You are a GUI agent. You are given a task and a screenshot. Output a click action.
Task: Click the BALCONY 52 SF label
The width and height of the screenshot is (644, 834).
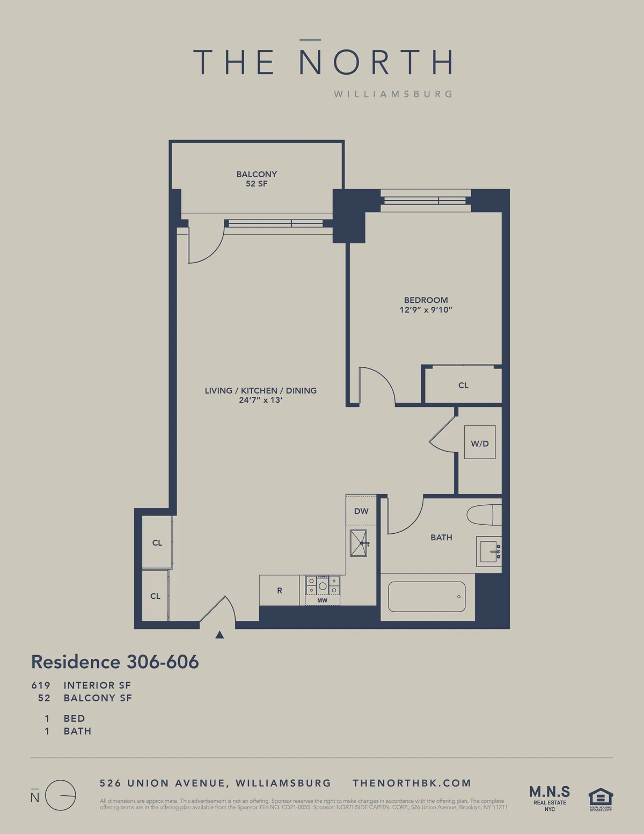(257, 179)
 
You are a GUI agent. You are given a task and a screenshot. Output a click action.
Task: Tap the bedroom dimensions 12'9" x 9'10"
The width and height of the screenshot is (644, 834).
(426, 310)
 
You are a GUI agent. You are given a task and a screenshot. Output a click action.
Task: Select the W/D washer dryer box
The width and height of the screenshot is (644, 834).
(479, 443)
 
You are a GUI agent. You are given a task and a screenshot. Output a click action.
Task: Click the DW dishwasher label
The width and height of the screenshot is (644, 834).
(361, 511)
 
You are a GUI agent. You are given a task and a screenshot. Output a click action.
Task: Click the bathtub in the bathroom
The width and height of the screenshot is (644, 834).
(427, 597)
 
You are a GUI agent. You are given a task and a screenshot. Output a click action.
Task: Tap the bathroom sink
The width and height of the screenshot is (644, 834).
(489, 552)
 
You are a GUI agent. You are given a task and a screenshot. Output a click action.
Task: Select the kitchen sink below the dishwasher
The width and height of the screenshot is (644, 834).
(358, 543)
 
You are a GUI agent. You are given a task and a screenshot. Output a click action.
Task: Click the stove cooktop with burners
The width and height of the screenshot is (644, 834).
(323, 585)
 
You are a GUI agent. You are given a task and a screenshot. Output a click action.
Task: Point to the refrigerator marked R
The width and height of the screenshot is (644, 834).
(280, 590)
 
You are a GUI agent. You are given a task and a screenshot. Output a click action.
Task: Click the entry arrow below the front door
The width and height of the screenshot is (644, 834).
(219, 635)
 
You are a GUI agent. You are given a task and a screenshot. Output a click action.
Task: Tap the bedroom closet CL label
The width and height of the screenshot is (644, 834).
(463, 385)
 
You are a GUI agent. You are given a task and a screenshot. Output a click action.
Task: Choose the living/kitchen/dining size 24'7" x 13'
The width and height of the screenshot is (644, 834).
(261, 400)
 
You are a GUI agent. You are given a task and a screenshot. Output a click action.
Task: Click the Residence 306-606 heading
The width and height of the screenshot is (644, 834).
(115, 662)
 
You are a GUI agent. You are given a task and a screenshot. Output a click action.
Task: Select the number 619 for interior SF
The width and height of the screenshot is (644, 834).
(41, 685)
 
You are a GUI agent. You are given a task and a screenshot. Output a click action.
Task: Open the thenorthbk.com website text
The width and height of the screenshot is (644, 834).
(412, 783)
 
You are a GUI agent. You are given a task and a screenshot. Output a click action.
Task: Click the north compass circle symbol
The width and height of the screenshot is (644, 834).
(60, 795)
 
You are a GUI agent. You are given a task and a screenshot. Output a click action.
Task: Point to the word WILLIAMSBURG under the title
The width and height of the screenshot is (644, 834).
(393, 94)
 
